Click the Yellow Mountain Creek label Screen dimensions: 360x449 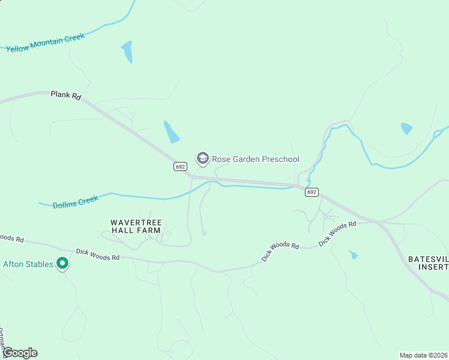point(46,43)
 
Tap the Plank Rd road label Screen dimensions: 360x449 point(65,94)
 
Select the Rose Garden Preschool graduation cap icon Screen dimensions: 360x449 point(202,158)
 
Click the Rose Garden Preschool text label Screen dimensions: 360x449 point(256,159)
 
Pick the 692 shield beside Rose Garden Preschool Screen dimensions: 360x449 point(180,166)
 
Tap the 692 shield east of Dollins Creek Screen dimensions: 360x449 point(311,192)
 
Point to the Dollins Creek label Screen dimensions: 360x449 point(75,201)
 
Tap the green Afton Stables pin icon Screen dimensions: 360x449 point(61,263)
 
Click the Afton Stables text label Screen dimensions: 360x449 point(29,263)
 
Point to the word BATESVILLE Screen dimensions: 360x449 point(428,259)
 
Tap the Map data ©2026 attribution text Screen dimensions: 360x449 point(423,355)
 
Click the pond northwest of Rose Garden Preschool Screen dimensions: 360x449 point(171,131)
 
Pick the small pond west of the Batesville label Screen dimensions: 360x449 point(354,255)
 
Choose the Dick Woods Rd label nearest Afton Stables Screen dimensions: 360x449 point(98,254)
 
